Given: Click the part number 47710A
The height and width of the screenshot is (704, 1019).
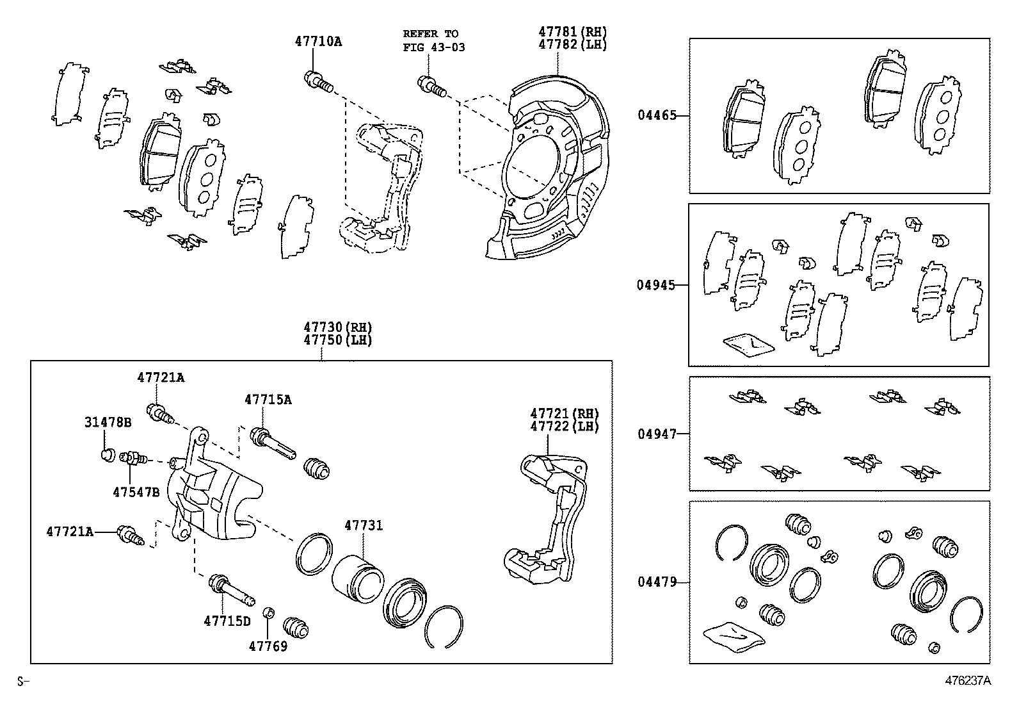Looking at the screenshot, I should pos(318,42).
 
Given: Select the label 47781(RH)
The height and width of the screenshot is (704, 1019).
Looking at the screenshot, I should pos(572,32).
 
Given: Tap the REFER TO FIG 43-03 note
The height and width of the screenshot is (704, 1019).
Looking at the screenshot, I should pos(433,40).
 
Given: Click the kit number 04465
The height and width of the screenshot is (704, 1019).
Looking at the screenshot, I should pos(656,116).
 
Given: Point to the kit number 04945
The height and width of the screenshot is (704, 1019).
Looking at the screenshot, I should pos(655,285).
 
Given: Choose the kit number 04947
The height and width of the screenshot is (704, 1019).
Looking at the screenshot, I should pos(656,434).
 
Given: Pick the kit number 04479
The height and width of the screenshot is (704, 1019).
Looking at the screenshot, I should pos(656,582).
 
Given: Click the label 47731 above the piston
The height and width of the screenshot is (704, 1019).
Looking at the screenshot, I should pos(363,525).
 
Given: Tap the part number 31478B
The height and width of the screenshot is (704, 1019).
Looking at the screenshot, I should pos(108,422).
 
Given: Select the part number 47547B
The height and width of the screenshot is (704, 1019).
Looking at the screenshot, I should pos(136,492).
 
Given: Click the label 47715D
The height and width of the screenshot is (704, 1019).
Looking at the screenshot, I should pos(227,621).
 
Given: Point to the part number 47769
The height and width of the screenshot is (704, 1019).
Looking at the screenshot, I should pos(268,646).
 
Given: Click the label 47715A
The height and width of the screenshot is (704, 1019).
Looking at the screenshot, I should pos(268,399).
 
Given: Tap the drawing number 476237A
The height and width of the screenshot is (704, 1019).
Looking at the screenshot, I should pos(968,680).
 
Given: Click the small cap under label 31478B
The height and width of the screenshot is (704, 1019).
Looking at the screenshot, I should pos(108,455).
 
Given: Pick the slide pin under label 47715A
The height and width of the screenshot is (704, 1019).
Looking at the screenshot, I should pos(273,444).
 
